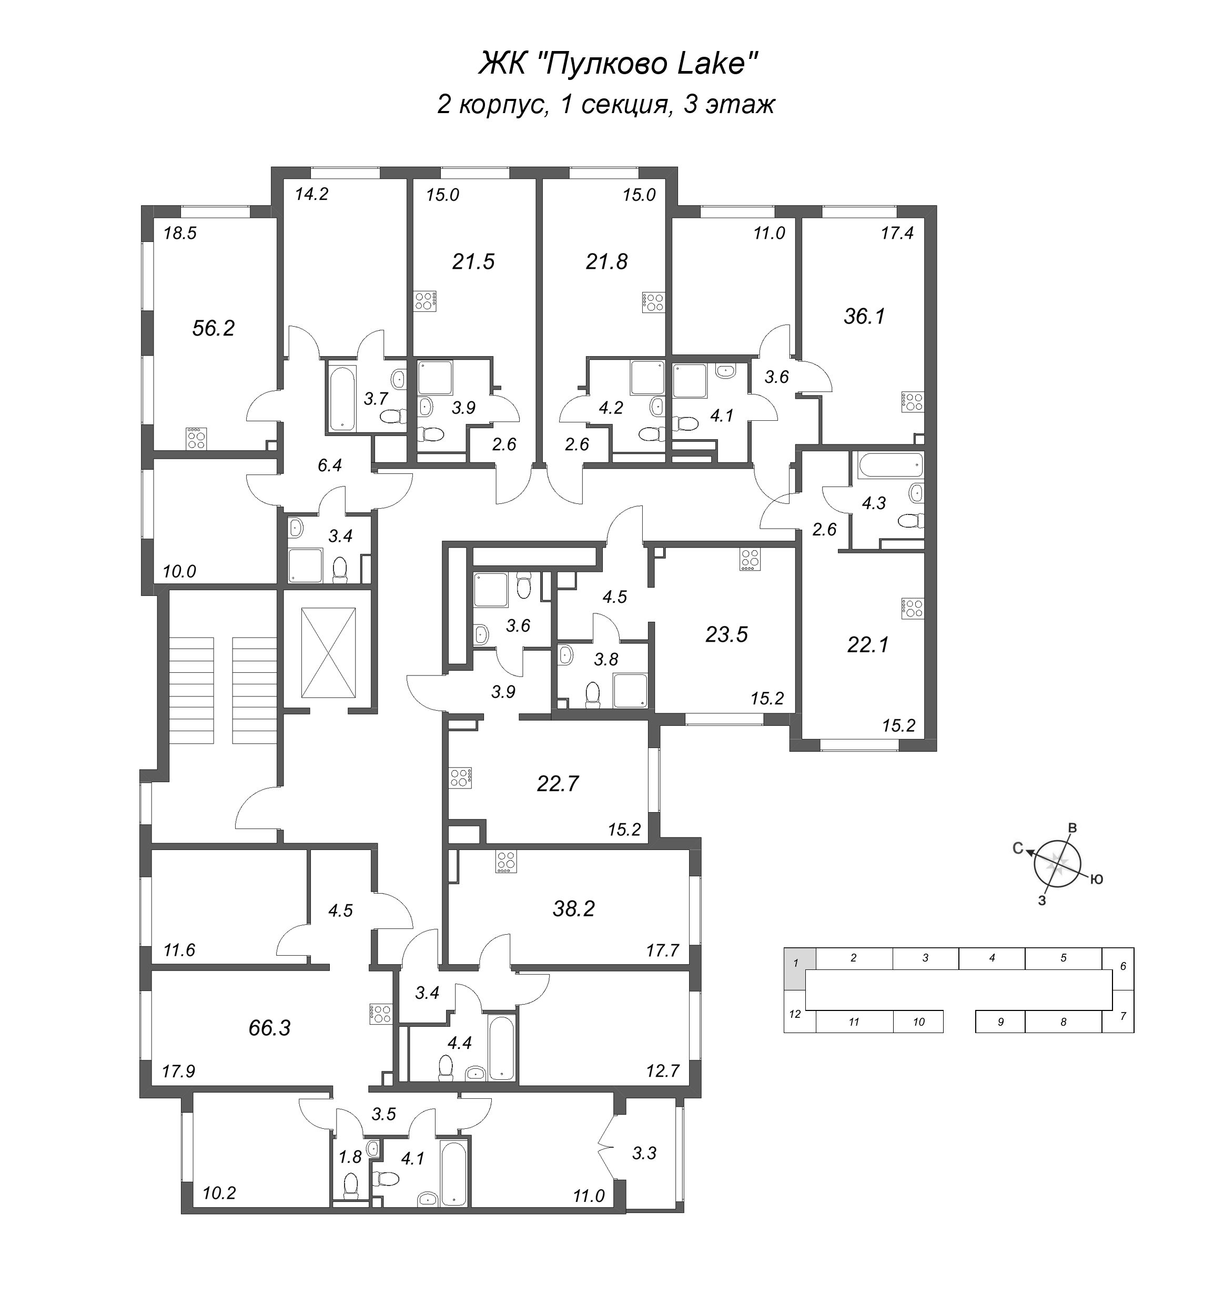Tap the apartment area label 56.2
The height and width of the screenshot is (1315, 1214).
coord(213,328)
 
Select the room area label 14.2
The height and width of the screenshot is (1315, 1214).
coord(311,195)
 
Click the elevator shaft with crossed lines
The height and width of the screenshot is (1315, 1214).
coord(328,653)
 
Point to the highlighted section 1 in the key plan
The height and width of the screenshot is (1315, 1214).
coord(800,964)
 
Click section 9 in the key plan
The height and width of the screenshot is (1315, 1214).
coord(1000,1022)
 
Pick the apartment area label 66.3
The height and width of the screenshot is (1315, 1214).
coord(269,1028)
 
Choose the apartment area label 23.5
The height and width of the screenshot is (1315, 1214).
coord(726,634)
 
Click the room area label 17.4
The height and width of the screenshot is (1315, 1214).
coord(897,232)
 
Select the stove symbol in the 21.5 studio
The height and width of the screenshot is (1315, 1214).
coord(424,301)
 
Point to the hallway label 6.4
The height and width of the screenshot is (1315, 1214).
coord(329,466)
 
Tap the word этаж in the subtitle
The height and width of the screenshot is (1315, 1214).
coord(741,105)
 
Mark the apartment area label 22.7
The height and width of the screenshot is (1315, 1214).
coord(558,784)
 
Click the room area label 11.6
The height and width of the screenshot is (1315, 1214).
coord(179,950)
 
